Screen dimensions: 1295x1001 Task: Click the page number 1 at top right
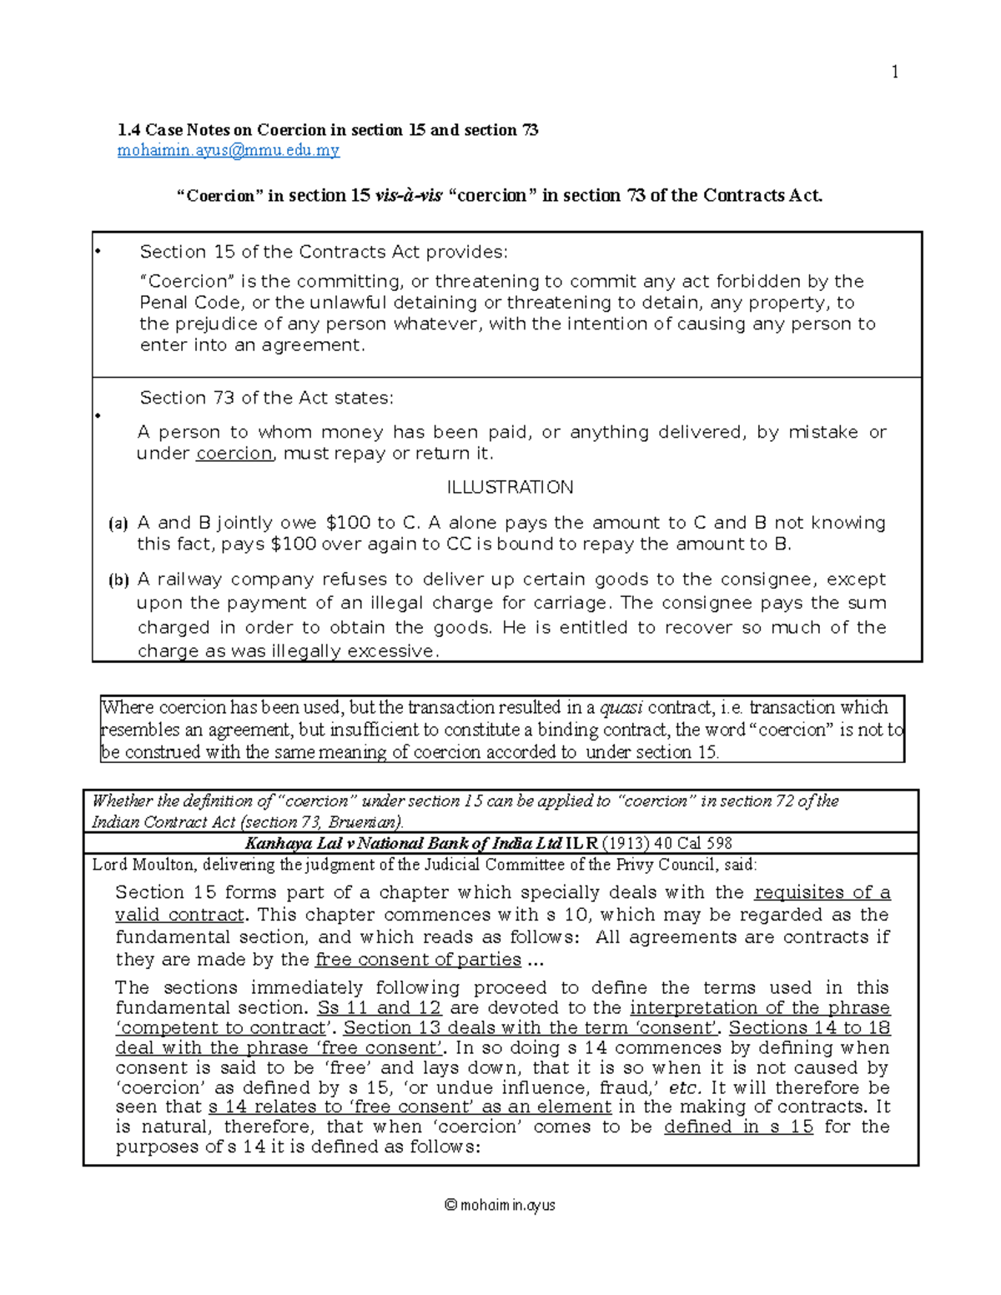(x=894, y=73)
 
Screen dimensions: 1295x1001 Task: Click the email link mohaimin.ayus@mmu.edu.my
(x=229, y=151)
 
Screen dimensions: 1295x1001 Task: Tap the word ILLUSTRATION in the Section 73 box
(x=510, y=487)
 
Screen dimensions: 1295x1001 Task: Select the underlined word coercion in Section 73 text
(x=234, y=454)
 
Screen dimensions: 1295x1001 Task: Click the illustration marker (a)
(x=118, y=524)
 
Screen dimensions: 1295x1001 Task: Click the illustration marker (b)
(x=118, y=580)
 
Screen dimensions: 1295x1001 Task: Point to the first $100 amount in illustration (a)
(x=349, y=523)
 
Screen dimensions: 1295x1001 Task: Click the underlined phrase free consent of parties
(x=418, y=960)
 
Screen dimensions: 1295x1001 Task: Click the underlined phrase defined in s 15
(x=738, y=1127)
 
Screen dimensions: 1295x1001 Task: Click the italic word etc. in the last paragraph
(x=683, y=1088)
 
